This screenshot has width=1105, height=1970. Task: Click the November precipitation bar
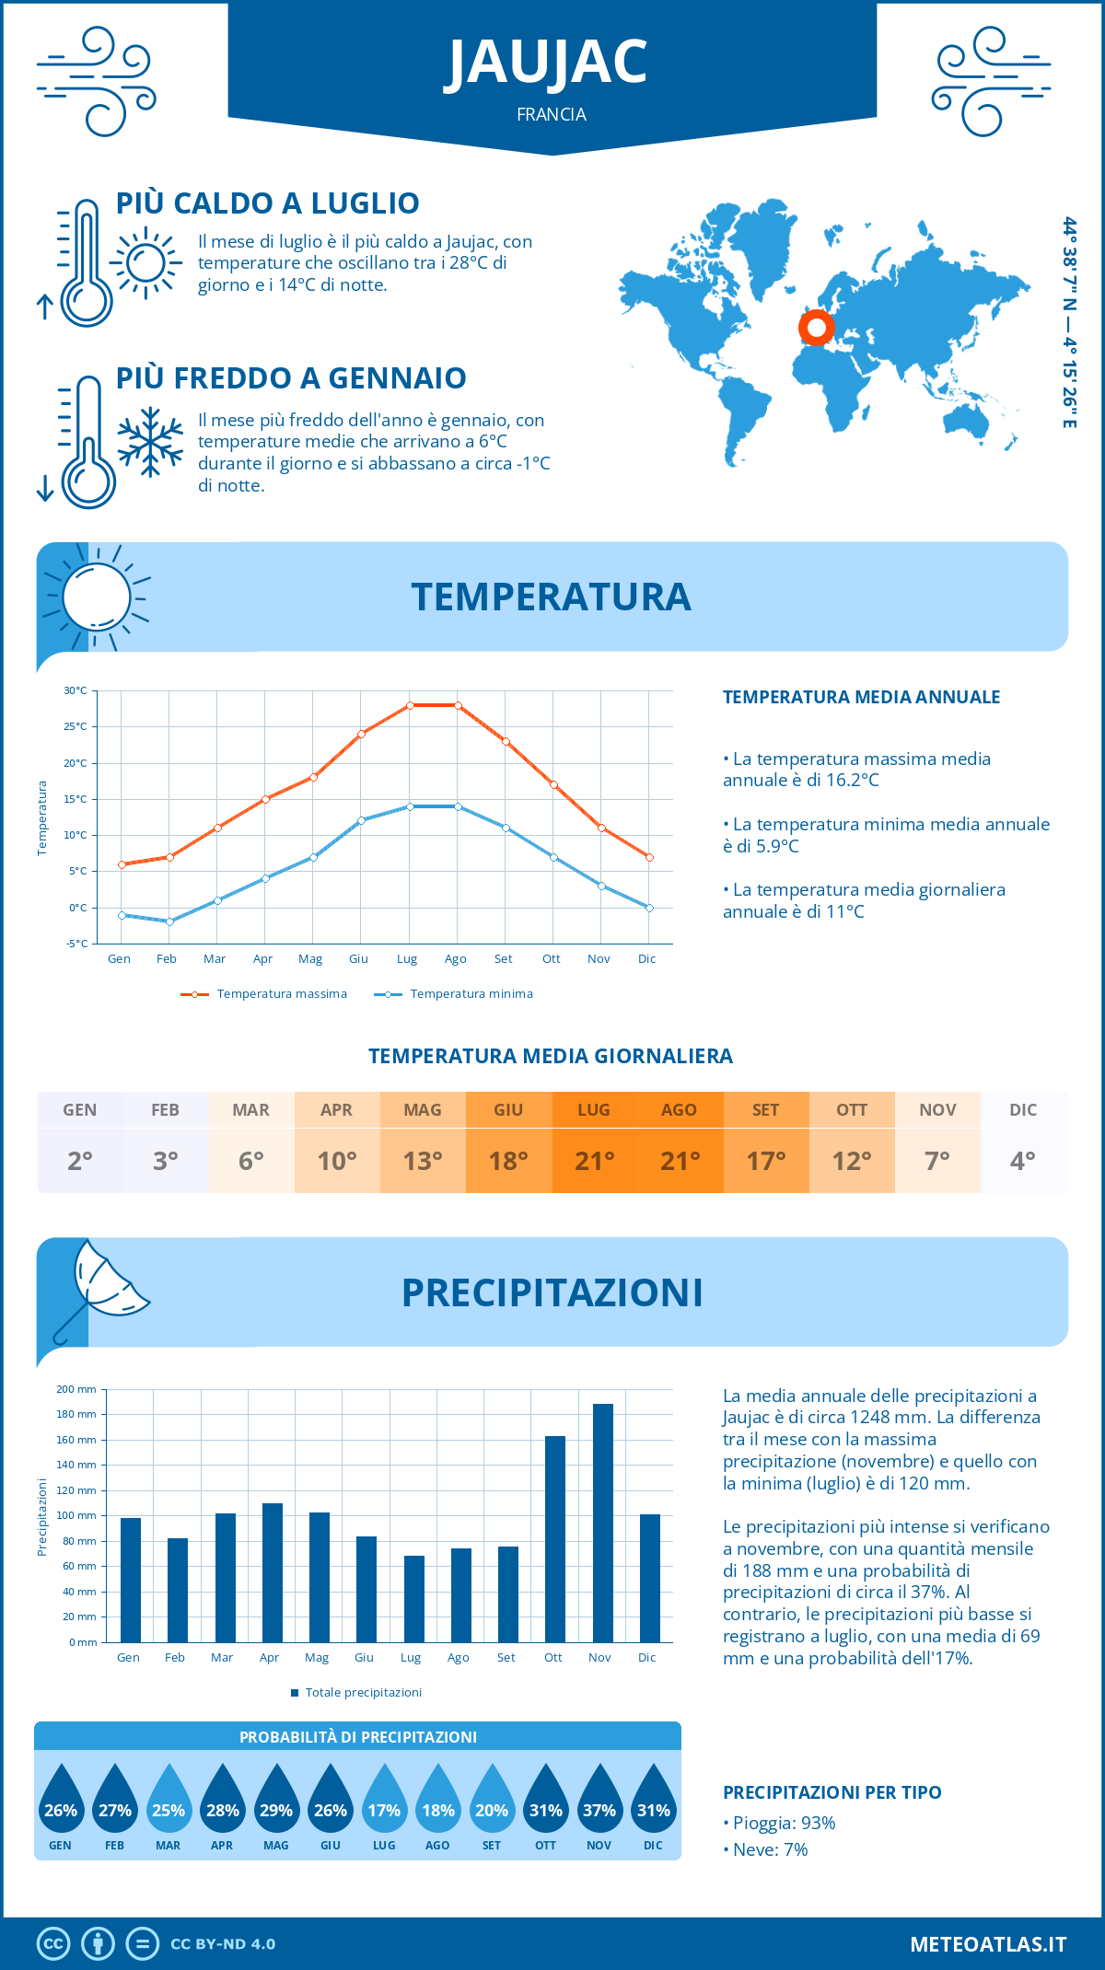click(x=603, y=1523)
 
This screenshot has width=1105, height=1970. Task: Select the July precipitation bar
click(x=414, y=1599)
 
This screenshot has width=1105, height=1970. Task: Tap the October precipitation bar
click(x=555, y=1539)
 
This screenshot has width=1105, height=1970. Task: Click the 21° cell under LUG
click(x=594, y=1160)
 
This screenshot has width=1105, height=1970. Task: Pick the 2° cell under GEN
click(x=80, y=1160)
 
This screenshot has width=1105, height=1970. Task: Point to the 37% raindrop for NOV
click(x=599, y=1800)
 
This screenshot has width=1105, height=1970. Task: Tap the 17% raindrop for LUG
click(x=384, y=1800)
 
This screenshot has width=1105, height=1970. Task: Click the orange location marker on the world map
click(x=816, y=327)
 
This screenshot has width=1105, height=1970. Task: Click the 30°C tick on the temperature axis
click(x=76, y=690)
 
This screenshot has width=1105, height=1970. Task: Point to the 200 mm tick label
click(x=76, y=1389)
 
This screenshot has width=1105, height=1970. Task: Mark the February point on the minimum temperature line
click(x=169, y=921)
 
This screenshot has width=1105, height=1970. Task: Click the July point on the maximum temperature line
click(x=410, y=705)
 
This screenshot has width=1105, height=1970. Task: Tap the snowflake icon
click(x=150, y=442)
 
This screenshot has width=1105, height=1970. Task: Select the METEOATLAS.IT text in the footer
click(x=988, y=1944)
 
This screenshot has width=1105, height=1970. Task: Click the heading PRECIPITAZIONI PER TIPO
click(x=832, y=1792)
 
